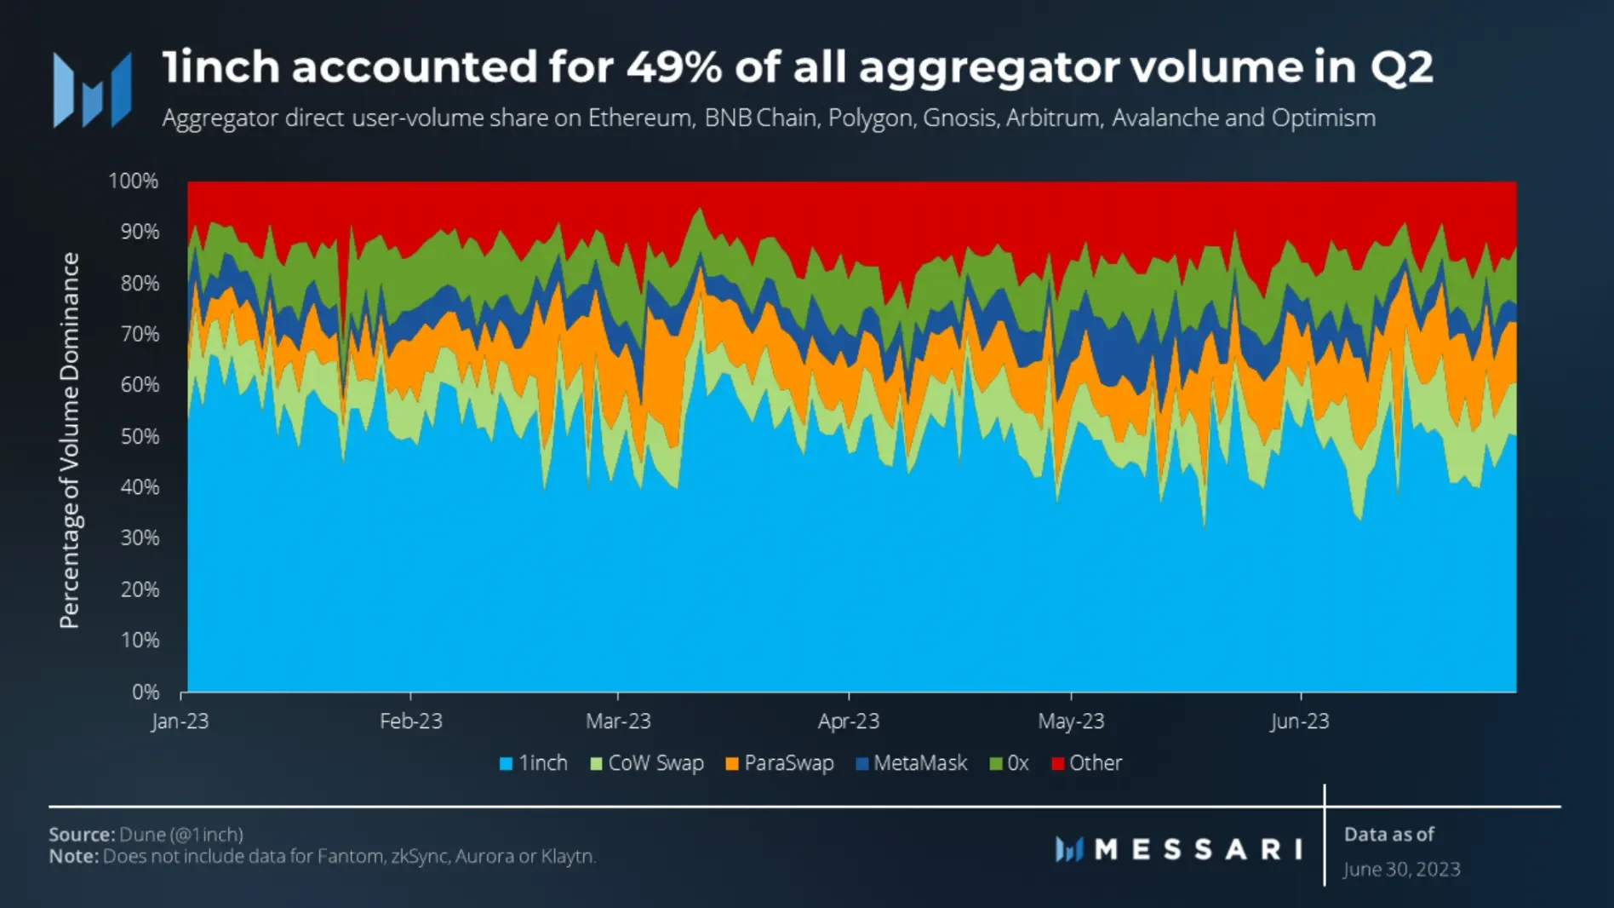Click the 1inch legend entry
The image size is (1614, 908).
pyautogui.click(x=534, y=763)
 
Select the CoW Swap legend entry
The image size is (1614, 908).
pyautogui.click(x=648, y=763)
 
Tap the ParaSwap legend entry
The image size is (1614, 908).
pyautogui.click(x=780, y=763)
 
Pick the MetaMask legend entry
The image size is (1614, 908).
pyautogui.click(x=912, y=763)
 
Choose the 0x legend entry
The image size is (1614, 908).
pyautogui.click(x=1010, y=763)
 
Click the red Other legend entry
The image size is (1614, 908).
pyautogui.click(x=1087, y=763)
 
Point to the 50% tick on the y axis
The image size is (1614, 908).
pyautogui.click(x=140, y=436)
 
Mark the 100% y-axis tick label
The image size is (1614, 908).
pyautogui.click(x=134, y=181)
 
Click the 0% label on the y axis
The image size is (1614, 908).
pyautogui.click(x=146, y=692)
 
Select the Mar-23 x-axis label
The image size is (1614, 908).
pyautogui.click(x=618, y=721)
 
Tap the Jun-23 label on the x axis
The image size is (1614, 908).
pyautogui.click(x=1299, y=721)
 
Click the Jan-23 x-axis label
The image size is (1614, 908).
pyautogui.click(x=180, y=721)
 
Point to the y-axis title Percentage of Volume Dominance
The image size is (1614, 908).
pyautogui.click(x=69, y=440)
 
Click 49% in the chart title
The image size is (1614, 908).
pyautogui.click(x=674, y=66)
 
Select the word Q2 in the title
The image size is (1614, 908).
pyautogui.click(x=1401, y=66)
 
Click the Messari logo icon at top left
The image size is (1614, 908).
pyautogui.click(x=92, y=90)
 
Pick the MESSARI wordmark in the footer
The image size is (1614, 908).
pyautogui.click(x=1197, y=849)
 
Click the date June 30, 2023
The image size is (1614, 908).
pyautogui.click(x=1401, y=869)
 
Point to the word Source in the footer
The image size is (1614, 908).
pyautogui.click(x=81, y=834)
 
